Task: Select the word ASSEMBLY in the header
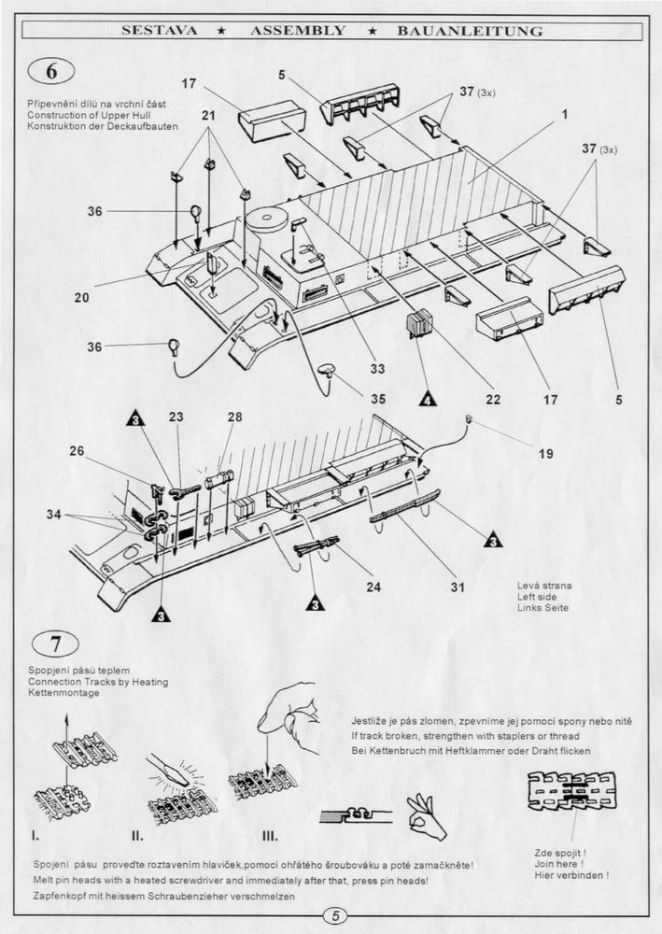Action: click(x=297, y=31)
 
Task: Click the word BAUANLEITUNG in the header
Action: click(x=470, y=31)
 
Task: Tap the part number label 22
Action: click(x=493, y=400)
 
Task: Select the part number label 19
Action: click(x=545, y=454)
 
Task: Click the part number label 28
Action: click(x=233, y=417)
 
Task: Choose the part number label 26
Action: click(x=77, y=451)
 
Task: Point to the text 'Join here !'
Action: click(x=558, y=863)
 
